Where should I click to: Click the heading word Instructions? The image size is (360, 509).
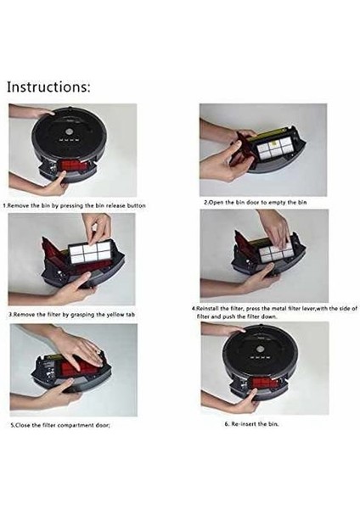click(x=50, y=87)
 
